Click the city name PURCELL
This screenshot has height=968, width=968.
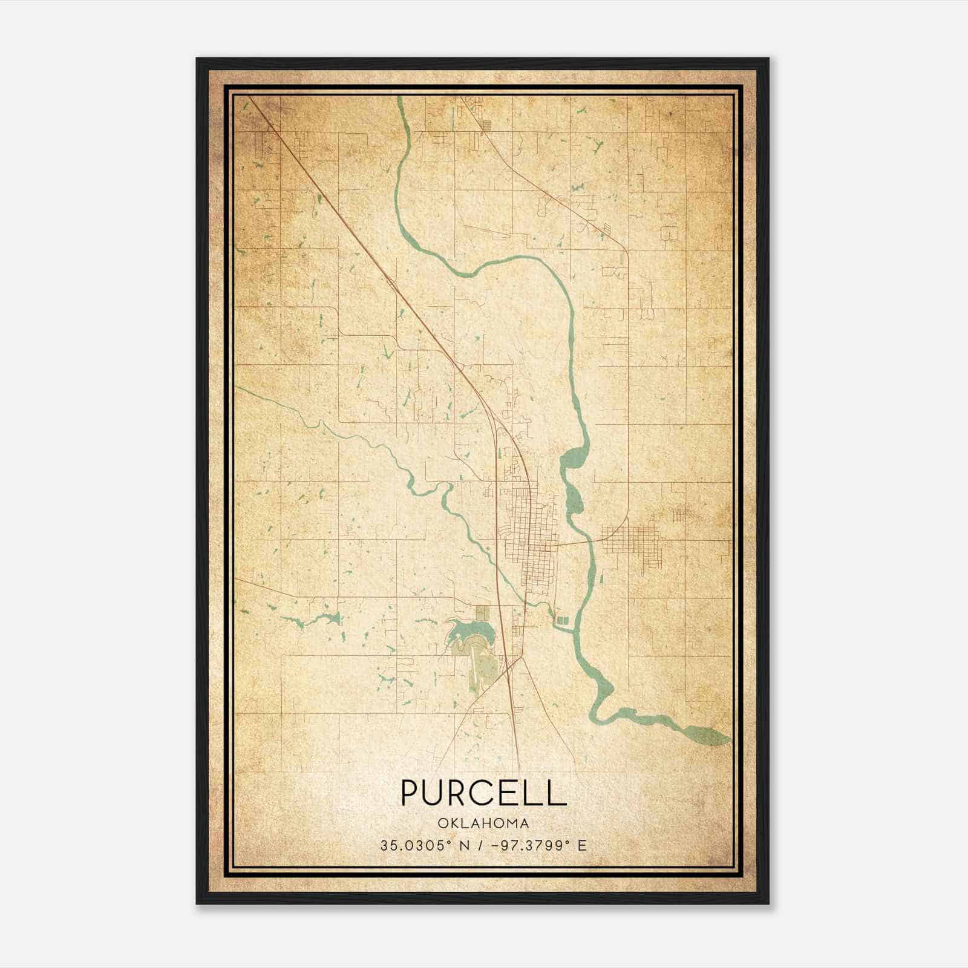click(x=483, y=793)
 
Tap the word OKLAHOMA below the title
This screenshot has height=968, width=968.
click(x=483, y=823)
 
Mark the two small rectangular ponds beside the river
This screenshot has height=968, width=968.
click(x=563, y=620)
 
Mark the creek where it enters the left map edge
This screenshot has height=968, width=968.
click(x=239, y=388)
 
